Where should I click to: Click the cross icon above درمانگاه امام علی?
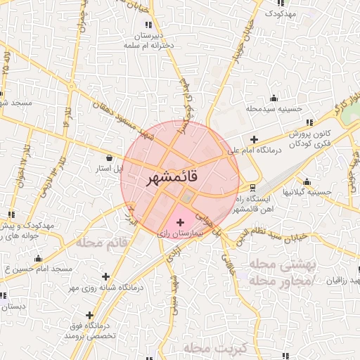pyautogui.click(x=254, y=139)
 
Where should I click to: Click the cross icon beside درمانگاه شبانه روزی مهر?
pyautogui.click(x=105, y=276)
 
